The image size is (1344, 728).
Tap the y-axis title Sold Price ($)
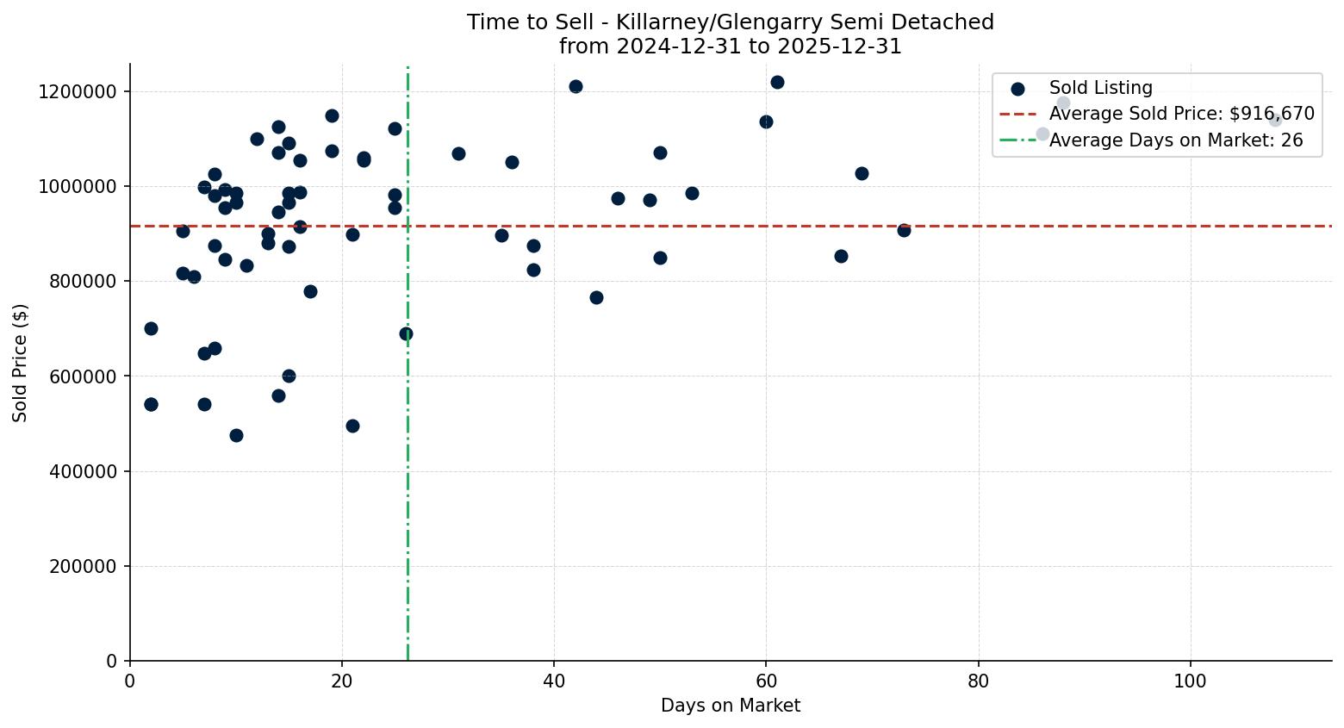point(21,363)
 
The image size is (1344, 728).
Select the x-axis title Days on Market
point(731,706)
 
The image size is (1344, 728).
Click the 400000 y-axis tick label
point(83,471)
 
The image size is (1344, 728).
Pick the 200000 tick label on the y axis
point(83,566)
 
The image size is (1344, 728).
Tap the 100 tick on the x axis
point(1190,680)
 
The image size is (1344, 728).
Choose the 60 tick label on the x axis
point(766,680)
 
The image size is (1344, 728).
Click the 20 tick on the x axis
point(342,680)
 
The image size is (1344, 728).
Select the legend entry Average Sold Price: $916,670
point(1181,114)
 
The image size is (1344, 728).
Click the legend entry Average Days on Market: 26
point(1175,140)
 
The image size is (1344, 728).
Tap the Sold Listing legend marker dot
point(1017,88)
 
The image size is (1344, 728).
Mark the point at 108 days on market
point(1275,120)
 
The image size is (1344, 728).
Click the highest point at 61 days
point(777,82)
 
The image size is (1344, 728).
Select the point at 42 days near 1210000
point(576,86)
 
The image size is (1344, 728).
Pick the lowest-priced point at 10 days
point(236,435)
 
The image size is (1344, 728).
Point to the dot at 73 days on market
point(904,230)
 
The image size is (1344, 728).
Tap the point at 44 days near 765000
point(596,297)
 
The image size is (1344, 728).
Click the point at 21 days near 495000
point(352,426)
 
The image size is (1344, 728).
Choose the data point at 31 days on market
point(458,153)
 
